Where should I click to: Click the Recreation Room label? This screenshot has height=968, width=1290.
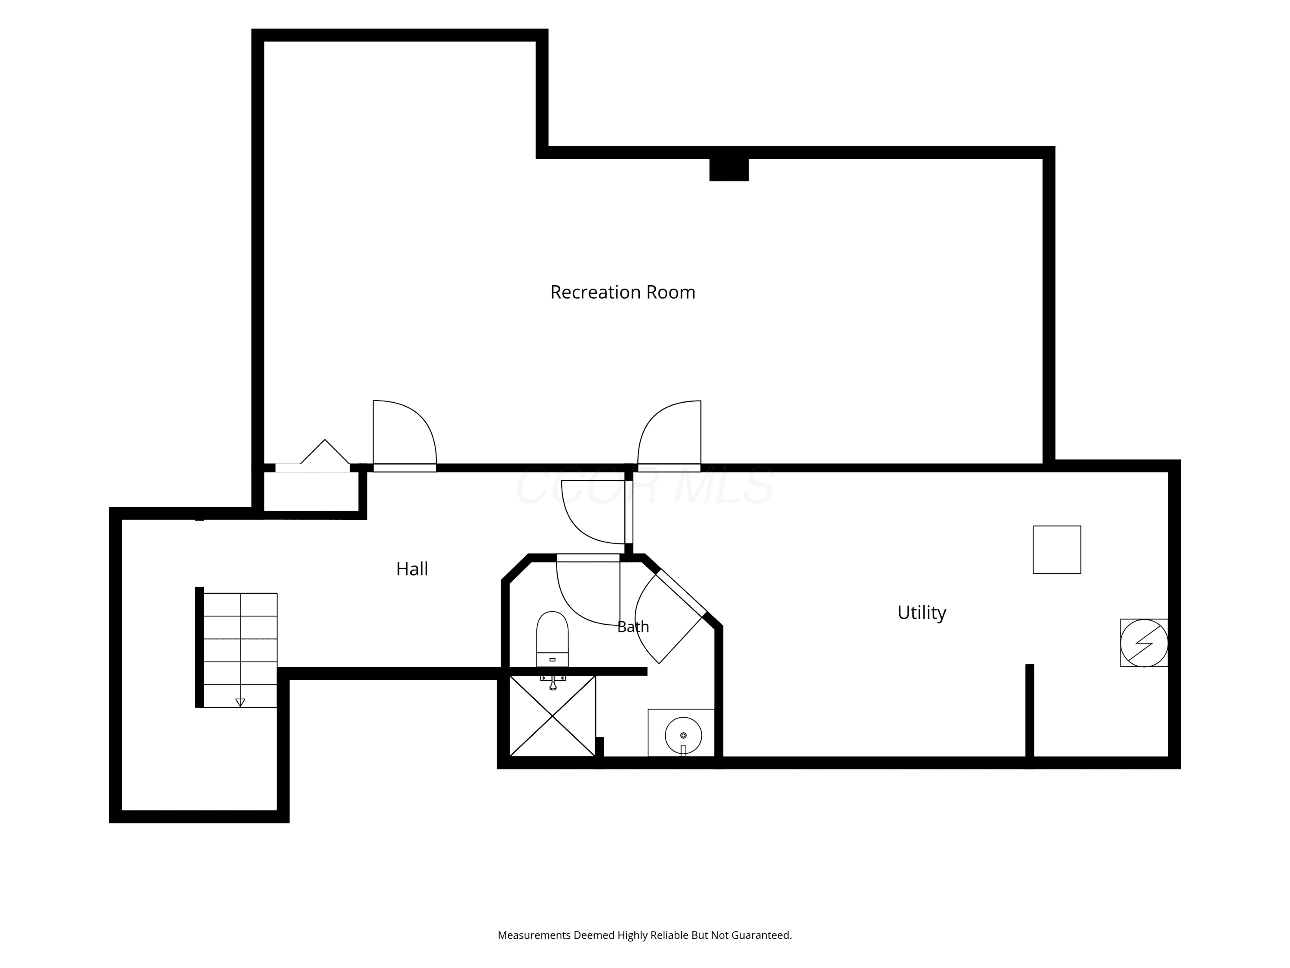pyautogui.click(x=623, y=292)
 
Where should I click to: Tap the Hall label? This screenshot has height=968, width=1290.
pyautogui.click(x=412, y=569)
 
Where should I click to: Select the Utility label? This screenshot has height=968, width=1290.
pyautogui.click(x=921, y=613)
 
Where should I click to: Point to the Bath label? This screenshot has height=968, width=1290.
pyautogui.click(x=633, y=627)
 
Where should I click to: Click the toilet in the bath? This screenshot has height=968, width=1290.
pyautogui.click(x=552, y=639)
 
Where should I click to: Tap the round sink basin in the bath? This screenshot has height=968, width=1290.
pyautogui.click(x=683, y=735)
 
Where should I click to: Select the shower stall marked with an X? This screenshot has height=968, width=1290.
pyautogui.click(x=552, y=716)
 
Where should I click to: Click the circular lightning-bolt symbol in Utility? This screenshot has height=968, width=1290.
pyautogui.click(x=1144, y=643)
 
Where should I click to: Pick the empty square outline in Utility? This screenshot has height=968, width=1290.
pyautogui.click(x=1057, y=550)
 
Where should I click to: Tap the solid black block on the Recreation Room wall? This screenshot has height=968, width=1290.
pyautogui.click(x=729, y=169)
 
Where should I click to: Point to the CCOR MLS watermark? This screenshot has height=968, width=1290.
pyautogui.click(x=645, y=485)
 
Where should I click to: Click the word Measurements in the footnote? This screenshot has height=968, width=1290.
pyautogui.click(x=534, y=935)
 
